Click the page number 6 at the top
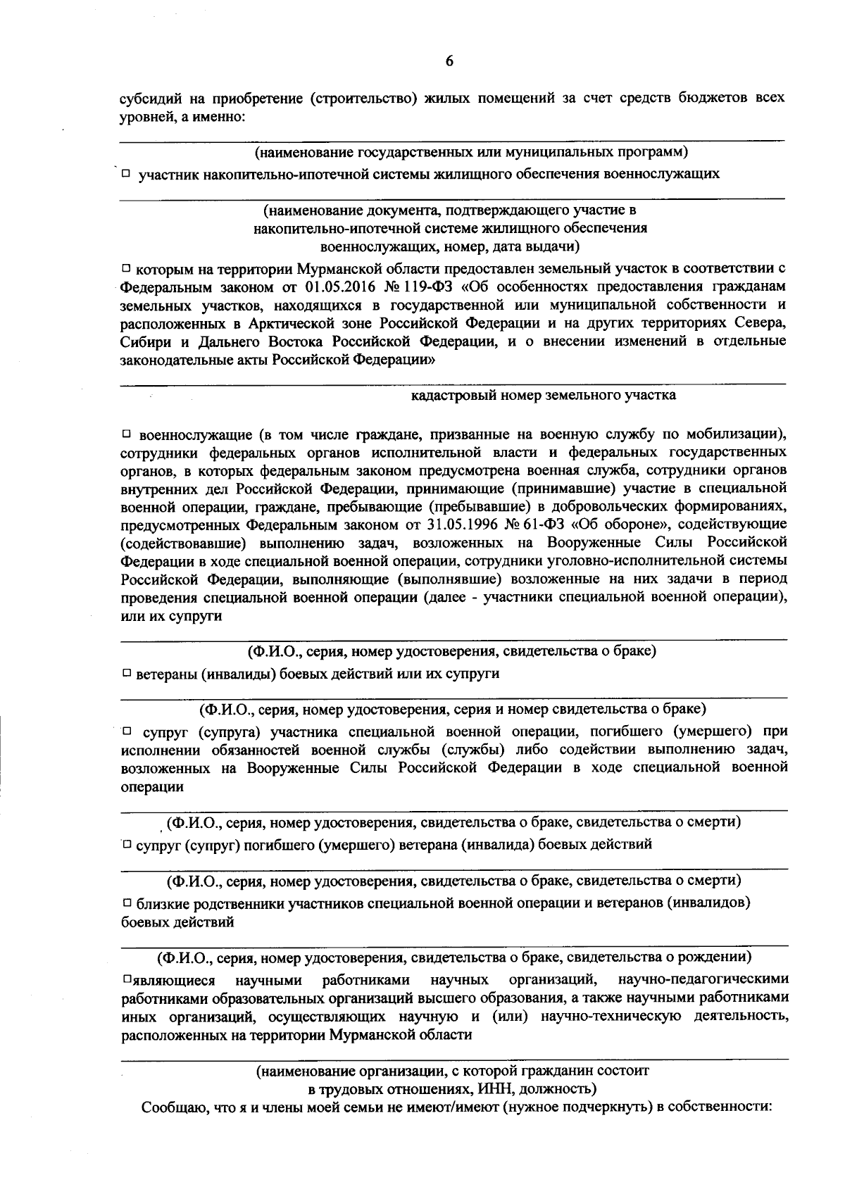point(449,61)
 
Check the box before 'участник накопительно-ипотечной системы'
point(125,172)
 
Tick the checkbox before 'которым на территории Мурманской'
point(126,268)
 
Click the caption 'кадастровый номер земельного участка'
point(544,395)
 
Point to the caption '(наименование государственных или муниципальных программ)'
point(470,151)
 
